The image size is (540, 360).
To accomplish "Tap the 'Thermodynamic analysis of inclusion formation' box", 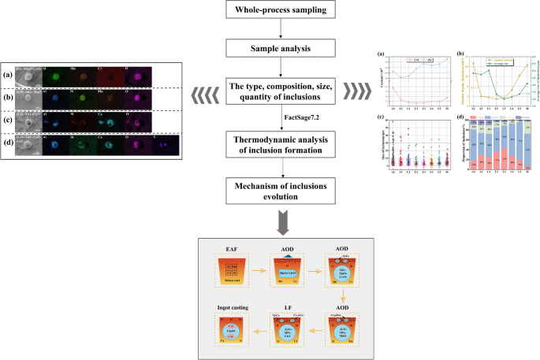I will tap(270, 147).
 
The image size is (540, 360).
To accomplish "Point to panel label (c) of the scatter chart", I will tap(382, 117).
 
